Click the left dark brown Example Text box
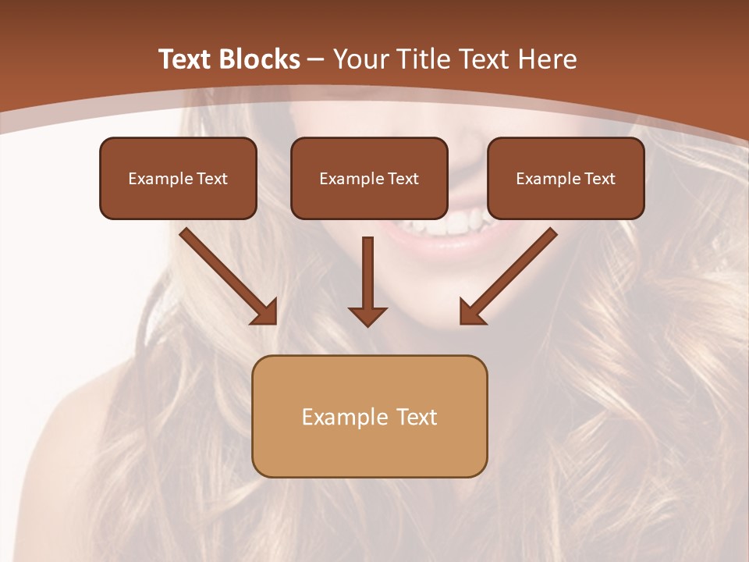pyautogui.click(x=178, y=178)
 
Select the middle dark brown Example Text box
pyautogui.click(x=369, y=178)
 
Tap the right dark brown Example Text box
pyautogui.click(x=566, y=178)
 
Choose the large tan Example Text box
pyautogui.click(x=369, y=416)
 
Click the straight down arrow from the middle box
pyautogui.click(x=367, y=281)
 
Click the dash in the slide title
pyautogui.click(x=317, y=60)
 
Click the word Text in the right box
pyautogui.click(x=599, y=178)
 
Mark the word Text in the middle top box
pyautogui.click(x=403, y=178)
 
